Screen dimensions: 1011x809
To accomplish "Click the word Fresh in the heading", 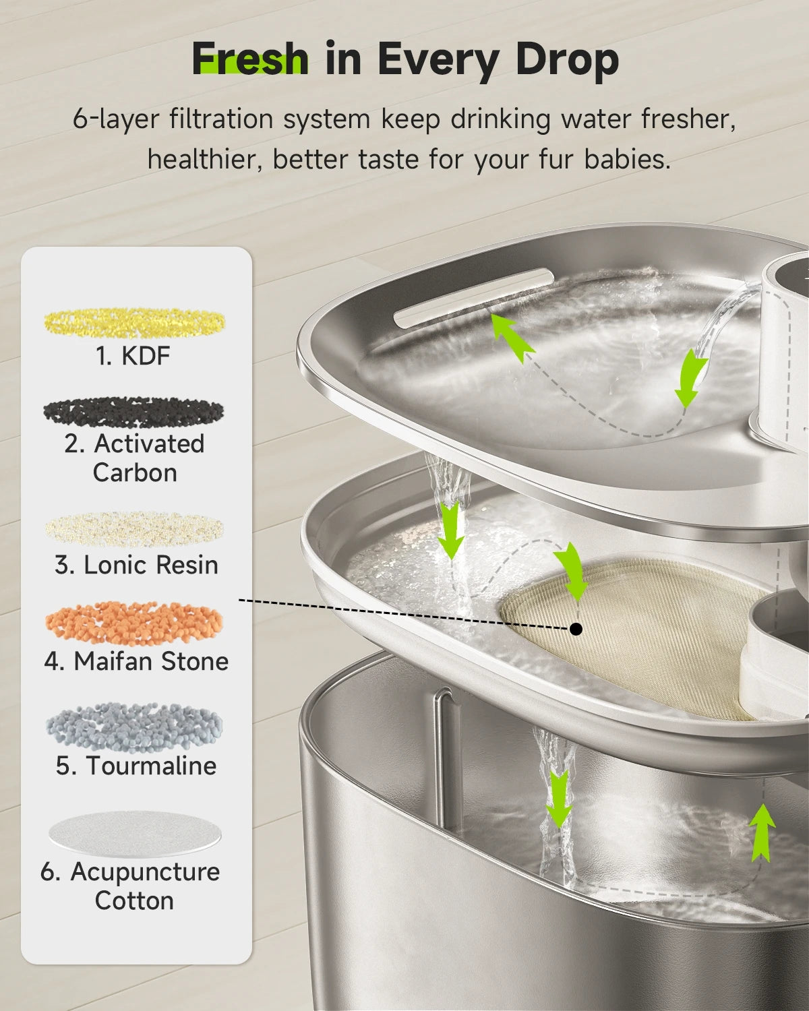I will (x=250, y=59).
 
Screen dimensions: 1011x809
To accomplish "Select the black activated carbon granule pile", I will (x=133, y=411).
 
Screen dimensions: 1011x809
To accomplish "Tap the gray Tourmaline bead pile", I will (x=134, y=727).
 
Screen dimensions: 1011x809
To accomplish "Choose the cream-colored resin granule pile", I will (x=134, y=530).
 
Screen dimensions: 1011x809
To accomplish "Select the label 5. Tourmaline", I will (x=136, y=766).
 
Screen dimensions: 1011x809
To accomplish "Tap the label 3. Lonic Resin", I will (x=136, y=565).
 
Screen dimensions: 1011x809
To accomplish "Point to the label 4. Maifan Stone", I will (x=136, y=661).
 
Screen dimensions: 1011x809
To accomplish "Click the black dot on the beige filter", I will (x=576, y=629).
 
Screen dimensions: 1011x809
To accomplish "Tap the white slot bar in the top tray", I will (x=474, y=297).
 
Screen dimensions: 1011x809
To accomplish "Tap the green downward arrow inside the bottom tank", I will (x=558, y=799).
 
